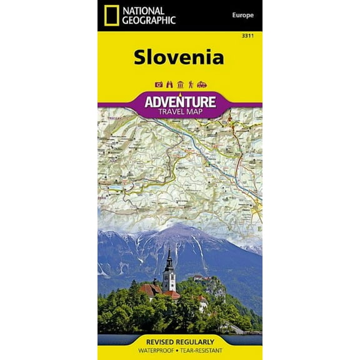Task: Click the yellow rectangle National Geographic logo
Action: (x=112, y=15)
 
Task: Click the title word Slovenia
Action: (x=179, y=57)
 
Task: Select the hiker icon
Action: (x=190, y=84)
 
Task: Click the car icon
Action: (x=201, y=84)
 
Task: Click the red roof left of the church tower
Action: (x=152, y=289)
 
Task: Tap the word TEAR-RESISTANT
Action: (x=204, y=351)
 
